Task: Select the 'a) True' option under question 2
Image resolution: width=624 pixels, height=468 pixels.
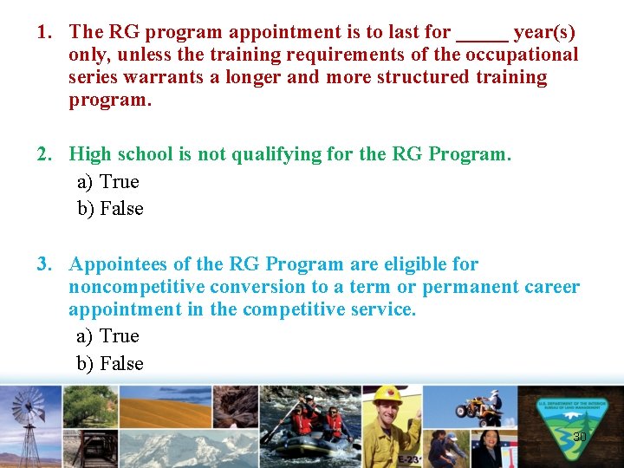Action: (107, 182)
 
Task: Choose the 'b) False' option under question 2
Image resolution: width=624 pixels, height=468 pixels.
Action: (110, 209)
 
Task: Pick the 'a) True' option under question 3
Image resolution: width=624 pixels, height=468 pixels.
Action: (107, 336)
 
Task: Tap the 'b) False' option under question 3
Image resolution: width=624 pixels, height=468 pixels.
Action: (110, 364)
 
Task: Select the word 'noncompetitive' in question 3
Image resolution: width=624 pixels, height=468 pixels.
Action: (138, 287)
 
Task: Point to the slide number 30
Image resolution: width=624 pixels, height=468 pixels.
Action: (579, 437)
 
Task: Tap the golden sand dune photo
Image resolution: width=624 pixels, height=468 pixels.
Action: (165, 406)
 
